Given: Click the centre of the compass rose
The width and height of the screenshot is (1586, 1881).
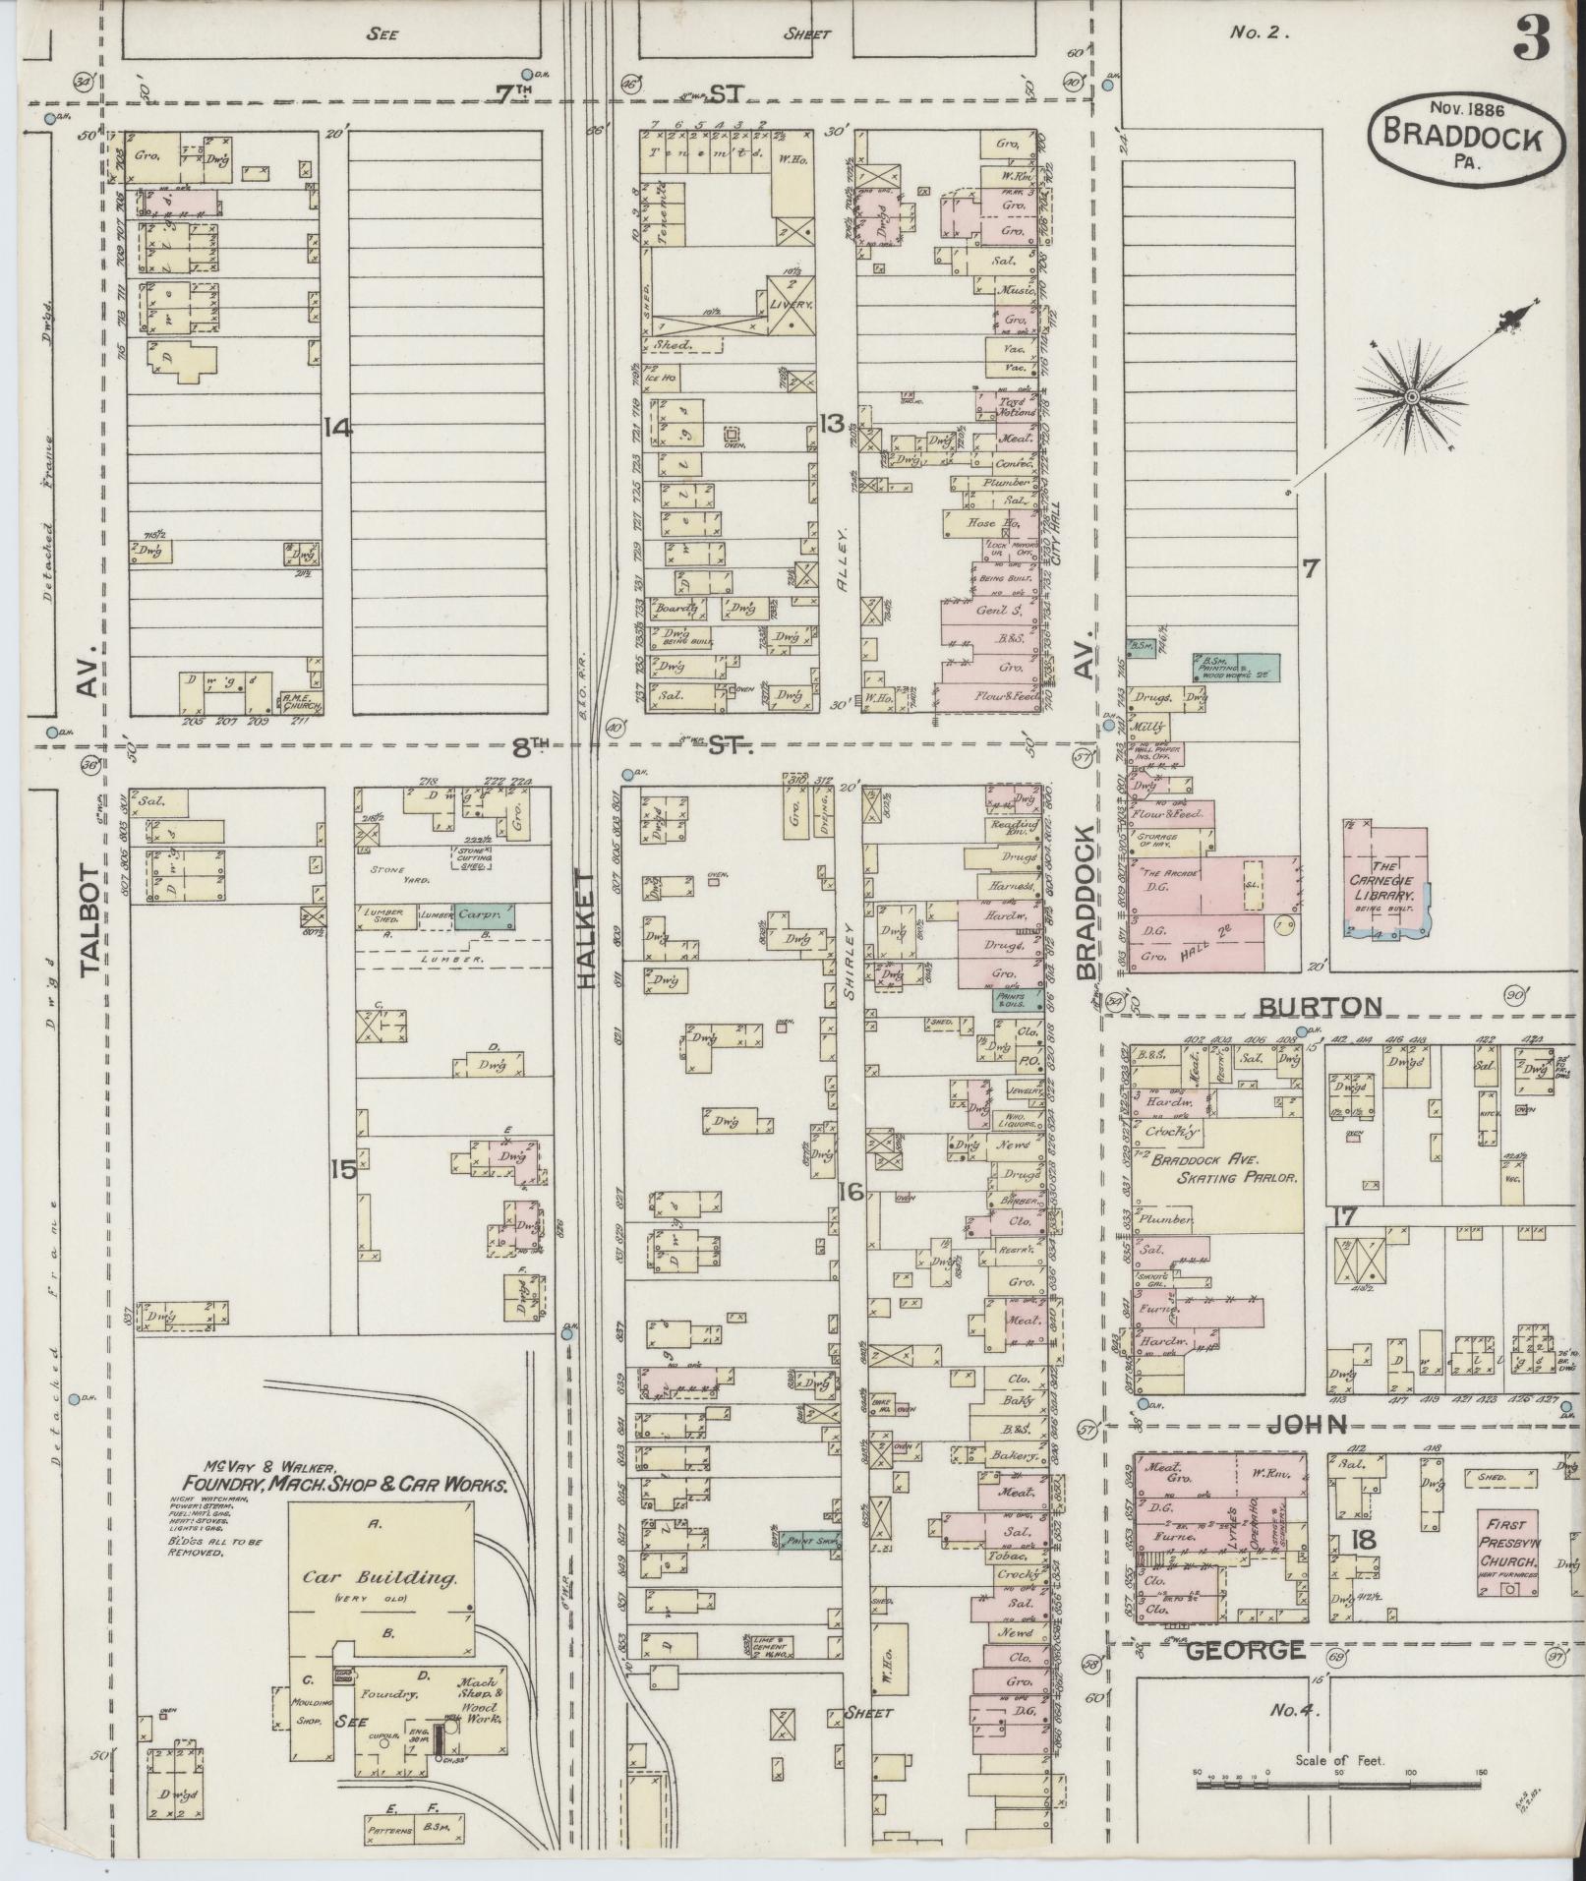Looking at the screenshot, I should click(1411, 396).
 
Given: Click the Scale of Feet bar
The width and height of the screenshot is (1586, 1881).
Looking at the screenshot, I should click(1339, 1777).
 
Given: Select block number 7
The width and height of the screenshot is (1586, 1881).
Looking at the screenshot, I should click(1311, 567).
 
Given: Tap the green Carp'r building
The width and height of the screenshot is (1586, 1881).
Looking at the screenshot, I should click(485, 914).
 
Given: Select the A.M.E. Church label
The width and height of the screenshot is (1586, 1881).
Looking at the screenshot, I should click(298, 699).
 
